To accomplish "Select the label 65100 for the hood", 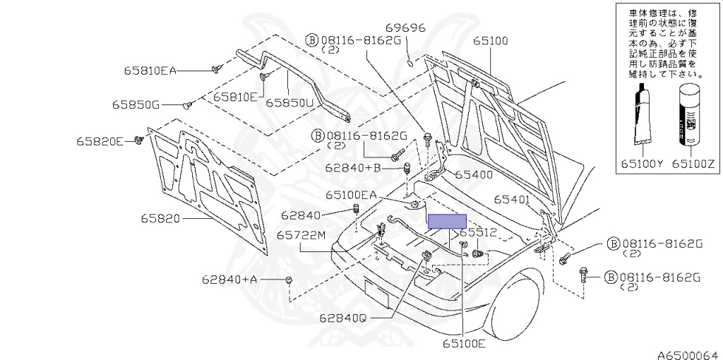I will pyautogui.click(x=490, y=41).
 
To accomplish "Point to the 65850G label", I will pyautogui.click(x=136, y=105).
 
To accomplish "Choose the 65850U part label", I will pyautogui.click(x=289, y=102).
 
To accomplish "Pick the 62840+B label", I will pyautogui.click(x=353, y=168).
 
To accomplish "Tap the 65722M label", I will pyautogui.click(x=301, y=235).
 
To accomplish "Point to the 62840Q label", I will pyautogui.click(x=342, y=318).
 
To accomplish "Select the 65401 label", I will pyautogui.click(x=511, y=200).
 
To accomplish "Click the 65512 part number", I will pyautogui.click(x=479, y=232).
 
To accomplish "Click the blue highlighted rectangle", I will pyautogui.click(x=448, y=222).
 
